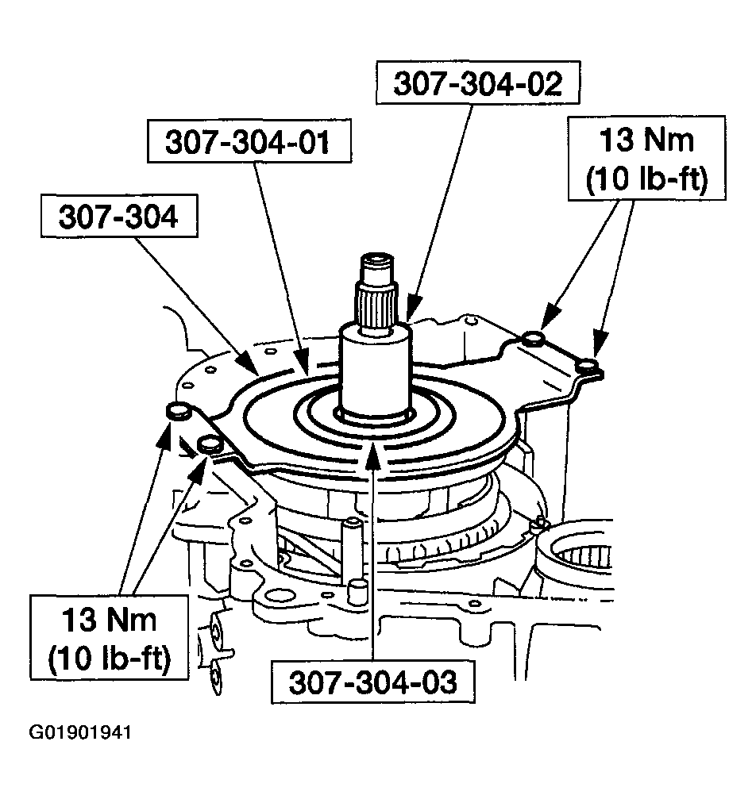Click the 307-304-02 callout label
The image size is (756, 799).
click(x=478, y=83)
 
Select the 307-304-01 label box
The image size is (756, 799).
click(x=249, y=141)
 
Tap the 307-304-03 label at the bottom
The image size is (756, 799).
click(x=373, y=682)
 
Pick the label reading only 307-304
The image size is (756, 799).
click(x=119, y=216)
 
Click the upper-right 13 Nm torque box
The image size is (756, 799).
click(x=647, y=158)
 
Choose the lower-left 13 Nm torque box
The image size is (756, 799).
click(x=109, y=637)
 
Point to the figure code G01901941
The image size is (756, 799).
click(x=80, y=732)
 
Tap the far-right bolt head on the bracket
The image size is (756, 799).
click(x=587, y=365)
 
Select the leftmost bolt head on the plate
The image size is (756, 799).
click(x=178, y=410)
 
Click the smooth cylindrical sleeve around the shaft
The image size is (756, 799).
click(x=376, y=371)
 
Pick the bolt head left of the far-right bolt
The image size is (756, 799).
click(x=534, y=338)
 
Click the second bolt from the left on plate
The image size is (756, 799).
click(x=210, y=444)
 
